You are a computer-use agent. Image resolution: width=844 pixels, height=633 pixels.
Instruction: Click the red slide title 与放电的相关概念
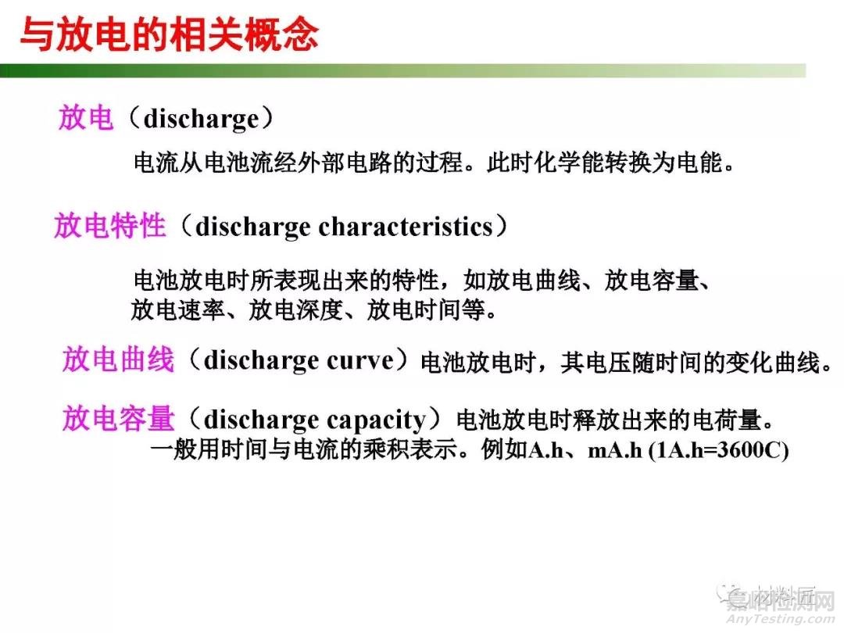[168, 34]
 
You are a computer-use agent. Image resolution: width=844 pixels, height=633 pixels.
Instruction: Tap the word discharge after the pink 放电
[201, 120]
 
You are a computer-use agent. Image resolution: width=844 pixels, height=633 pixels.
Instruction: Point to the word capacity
[376, 420]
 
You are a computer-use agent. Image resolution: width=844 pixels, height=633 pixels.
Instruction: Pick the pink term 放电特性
[109, 227]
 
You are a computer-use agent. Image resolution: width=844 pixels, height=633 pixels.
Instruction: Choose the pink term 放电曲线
[117, 361]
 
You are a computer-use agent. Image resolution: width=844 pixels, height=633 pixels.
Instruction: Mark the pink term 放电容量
[117, 420]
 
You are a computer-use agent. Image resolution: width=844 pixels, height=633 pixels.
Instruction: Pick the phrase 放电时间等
[426, 310]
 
